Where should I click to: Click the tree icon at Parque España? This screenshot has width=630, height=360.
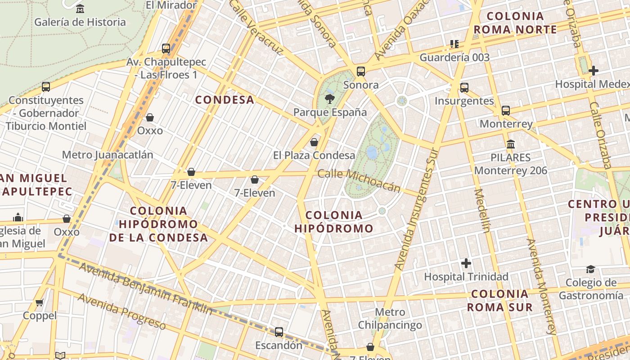click(330, 99)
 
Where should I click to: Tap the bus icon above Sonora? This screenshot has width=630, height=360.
click(360, 71)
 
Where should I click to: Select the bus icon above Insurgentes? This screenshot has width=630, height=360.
click(464, 87)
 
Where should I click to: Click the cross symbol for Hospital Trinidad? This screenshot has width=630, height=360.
click(466, 263)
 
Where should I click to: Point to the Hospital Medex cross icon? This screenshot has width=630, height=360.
click(593, 71)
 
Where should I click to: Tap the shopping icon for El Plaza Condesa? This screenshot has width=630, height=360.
click(314, 142)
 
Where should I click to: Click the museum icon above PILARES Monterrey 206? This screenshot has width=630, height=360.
click(511, 144)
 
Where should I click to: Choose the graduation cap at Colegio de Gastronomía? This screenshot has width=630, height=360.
click(590, 269)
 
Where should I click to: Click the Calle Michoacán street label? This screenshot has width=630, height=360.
click(359, 180)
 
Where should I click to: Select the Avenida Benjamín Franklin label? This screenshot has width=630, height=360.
click(145, 288)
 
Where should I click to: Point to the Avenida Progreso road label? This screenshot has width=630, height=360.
click(121, 310)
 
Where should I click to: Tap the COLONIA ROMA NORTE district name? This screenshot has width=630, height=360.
click(515, 23)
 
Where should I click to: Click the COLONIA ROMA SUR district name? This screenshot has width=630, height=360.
click(499, 301)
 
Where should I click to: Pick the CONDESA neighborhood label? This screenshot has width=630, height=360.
click(225, 100)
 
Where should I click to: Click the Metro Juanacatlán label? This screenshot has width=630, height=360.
click(108, 155)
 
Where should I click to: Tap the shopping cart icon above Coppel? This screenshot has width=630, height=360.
click(40, 302)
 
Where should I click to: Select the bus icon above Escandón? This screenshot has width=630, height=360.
click(279, 332)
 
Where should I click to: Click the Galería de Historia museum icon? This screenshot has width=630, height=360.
click(80, 9)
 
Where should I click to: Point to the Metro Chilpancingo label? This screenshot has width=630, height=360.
click(390, 319)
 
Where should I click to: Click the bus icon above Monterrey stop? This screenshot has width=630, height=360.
click(506, 110)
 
